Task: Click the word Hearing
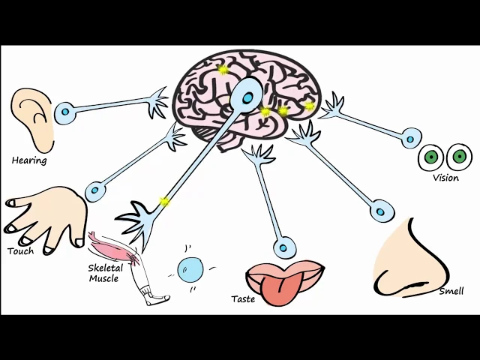(29, 160)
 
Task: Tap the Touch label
(20, 251)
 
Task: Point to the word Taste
(243, 299)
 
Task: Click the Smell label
(451, 291)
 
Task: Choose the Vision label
(445, 178)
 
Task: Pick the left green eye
(430, 157)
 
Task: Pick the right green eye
(458, 157)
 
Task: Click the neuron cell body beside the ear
(66, 113)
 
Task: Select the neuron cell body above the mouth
(283, 246)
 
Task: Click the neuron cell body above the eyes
(411, 137)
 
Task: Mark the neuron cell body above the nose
(382, 209)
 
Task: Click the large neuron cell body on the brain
(247, 96)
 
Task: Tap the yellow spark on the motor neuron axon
(164, 202)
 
